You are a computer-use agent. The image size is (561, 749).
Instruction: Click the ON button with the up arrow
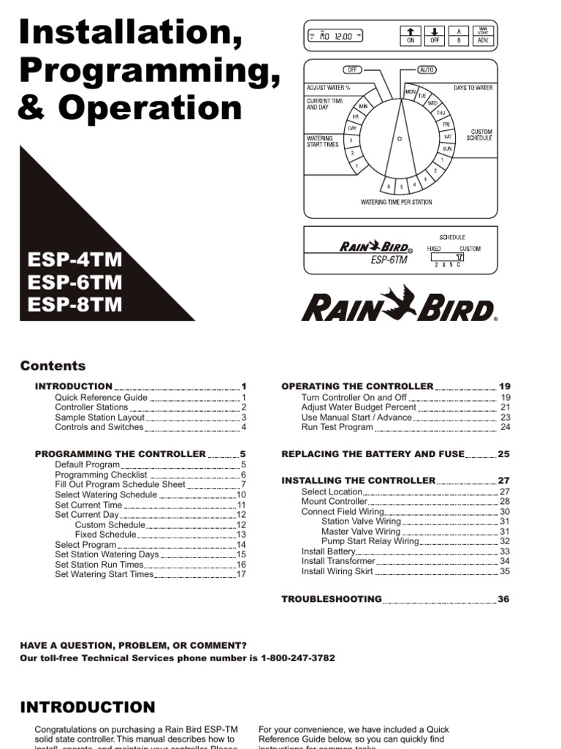411,36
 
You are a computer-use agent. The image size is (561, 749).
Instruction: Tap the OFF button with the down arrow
435,36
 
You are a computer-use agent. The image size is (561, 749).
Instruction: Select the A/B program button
459,36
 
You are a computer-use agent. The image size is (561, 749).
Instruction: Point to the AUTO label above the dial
427,69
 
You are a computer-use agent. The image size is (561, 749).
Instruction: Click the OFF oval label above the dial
353,69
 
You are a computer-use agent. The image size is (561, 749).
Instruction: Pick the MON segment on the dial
411,91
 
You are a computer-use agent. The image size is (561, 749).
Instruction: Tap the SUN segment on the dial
447,148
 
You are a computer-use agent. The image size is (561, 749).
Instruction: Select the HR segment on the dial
356,117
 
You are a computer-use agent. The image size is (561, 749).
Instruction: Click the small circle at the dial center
400,138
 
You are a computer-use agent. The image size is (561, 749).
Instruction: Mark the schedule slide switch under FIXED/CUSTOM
459,257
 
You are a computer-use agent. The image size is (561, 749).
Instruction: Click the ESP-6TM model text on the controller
389,259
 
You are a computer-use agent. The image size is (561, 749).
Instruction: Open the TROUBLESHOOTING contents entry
332,599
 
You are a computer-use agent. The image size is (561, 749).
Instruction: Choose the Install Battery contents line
328,552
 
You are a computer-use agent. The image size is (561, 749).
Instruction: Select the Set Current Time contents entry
88,505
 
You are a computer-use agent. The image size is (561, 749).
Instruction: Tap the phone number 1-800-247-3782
297,658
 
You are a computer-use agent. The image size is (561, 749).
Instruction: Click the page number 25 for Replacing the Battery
503,453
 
